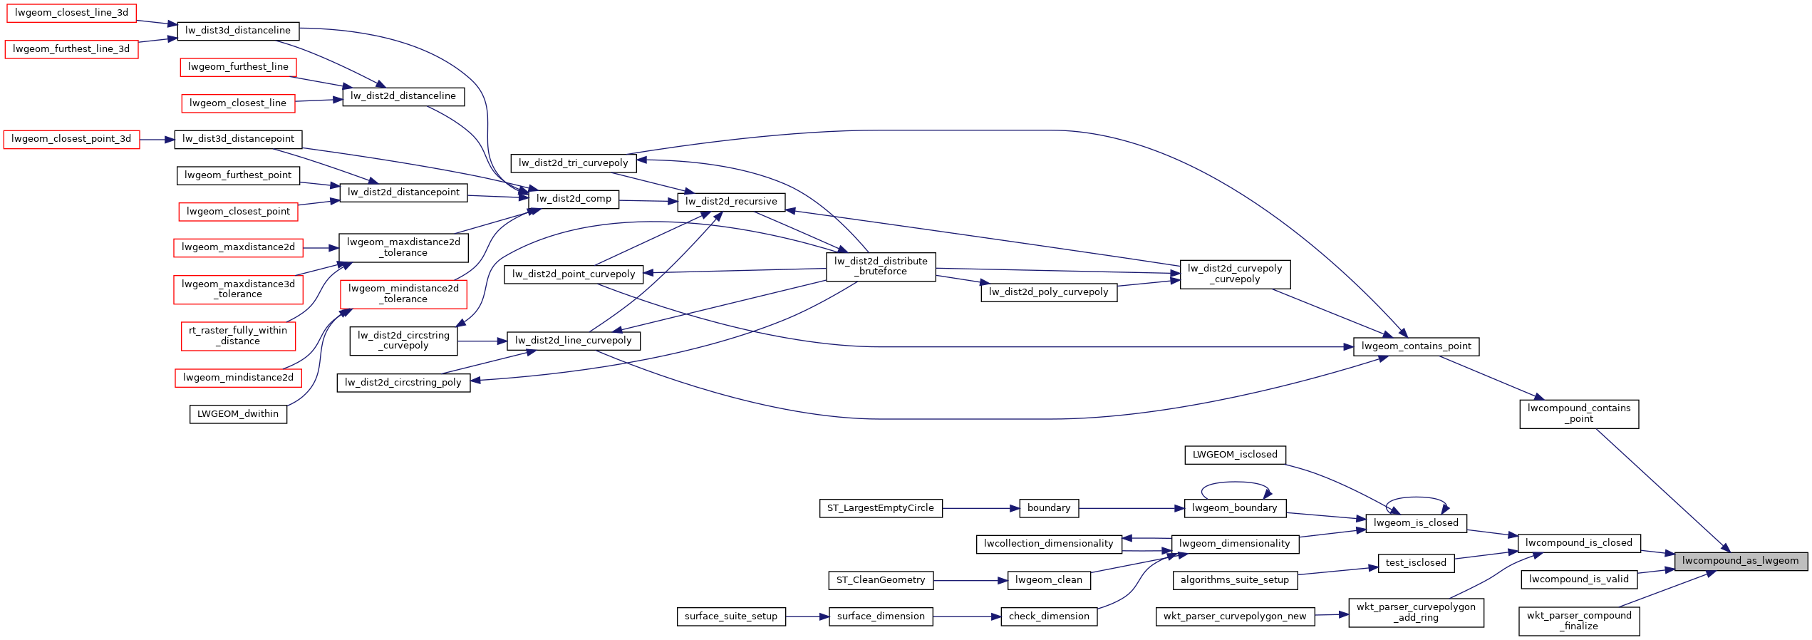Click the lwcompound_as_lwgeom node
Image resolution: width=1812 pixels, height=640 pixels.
coord(1740,561)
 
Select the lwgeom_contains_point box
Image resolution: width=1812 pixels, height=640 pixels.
coord(1416,346)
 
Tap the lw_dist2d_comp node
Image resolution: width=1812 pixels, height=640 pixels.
coord(574,199)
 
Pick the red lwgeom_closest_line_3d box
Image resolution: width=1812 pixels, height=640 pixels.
coord(71,13)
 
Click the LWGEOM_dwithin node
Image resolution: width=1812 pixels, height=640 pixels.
coord(238,414)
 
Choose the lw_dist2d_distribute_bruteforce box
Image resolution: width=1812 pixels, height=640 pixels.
coord(881,267)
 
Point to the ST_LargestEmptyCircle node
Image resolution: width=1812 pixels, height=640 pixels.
coord(880,508)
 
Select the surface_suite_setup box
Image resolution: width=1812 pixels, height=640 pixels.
coord(730,616)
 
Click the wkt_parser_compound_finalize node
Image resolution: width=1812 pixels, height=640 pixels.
coord(1578,621)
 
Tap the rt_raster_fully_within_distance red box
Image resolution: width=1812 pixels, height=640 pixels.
coord(238,336)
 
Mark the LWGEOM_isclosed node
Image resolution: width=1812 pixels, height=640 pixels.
coord(1234,455)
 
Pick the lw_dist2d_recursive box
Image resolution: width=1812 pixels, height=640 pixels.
coord(731,202)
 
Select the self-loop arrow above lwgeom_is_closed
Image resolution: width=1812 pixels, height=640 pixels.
coord(1416,498)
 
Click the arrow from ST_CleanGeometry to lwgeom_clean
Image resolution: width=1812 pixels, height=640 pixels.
coord(970,581)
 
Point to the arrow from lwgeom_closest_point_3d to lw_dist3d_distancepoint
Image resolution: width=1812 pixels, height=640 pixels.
coord(157,140)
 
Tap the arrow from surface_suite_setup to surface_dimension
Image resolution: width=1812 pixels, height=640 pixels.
coord(807,616)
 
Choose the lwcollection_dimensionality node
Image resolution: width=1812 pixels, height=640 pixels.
coord(1048,544)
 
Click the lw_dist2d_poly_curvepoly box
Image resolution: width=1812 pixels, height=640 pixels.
coord(1048,292)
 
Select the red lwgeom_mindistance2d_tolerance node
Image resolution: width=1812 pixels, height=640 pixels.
coord(403,294)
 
